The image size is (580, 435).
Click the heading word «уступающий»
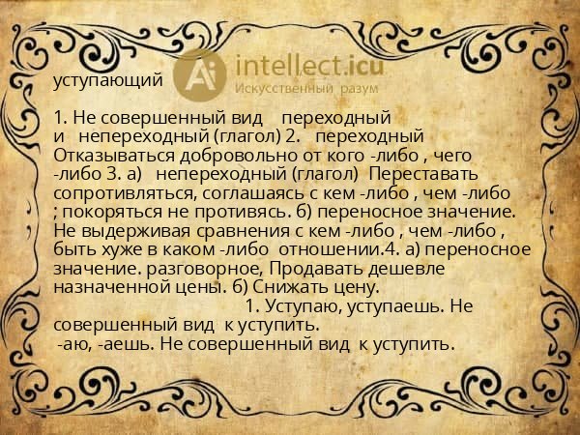coord(108,80)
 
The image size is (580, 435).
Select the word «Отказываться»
coord(107,155)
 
